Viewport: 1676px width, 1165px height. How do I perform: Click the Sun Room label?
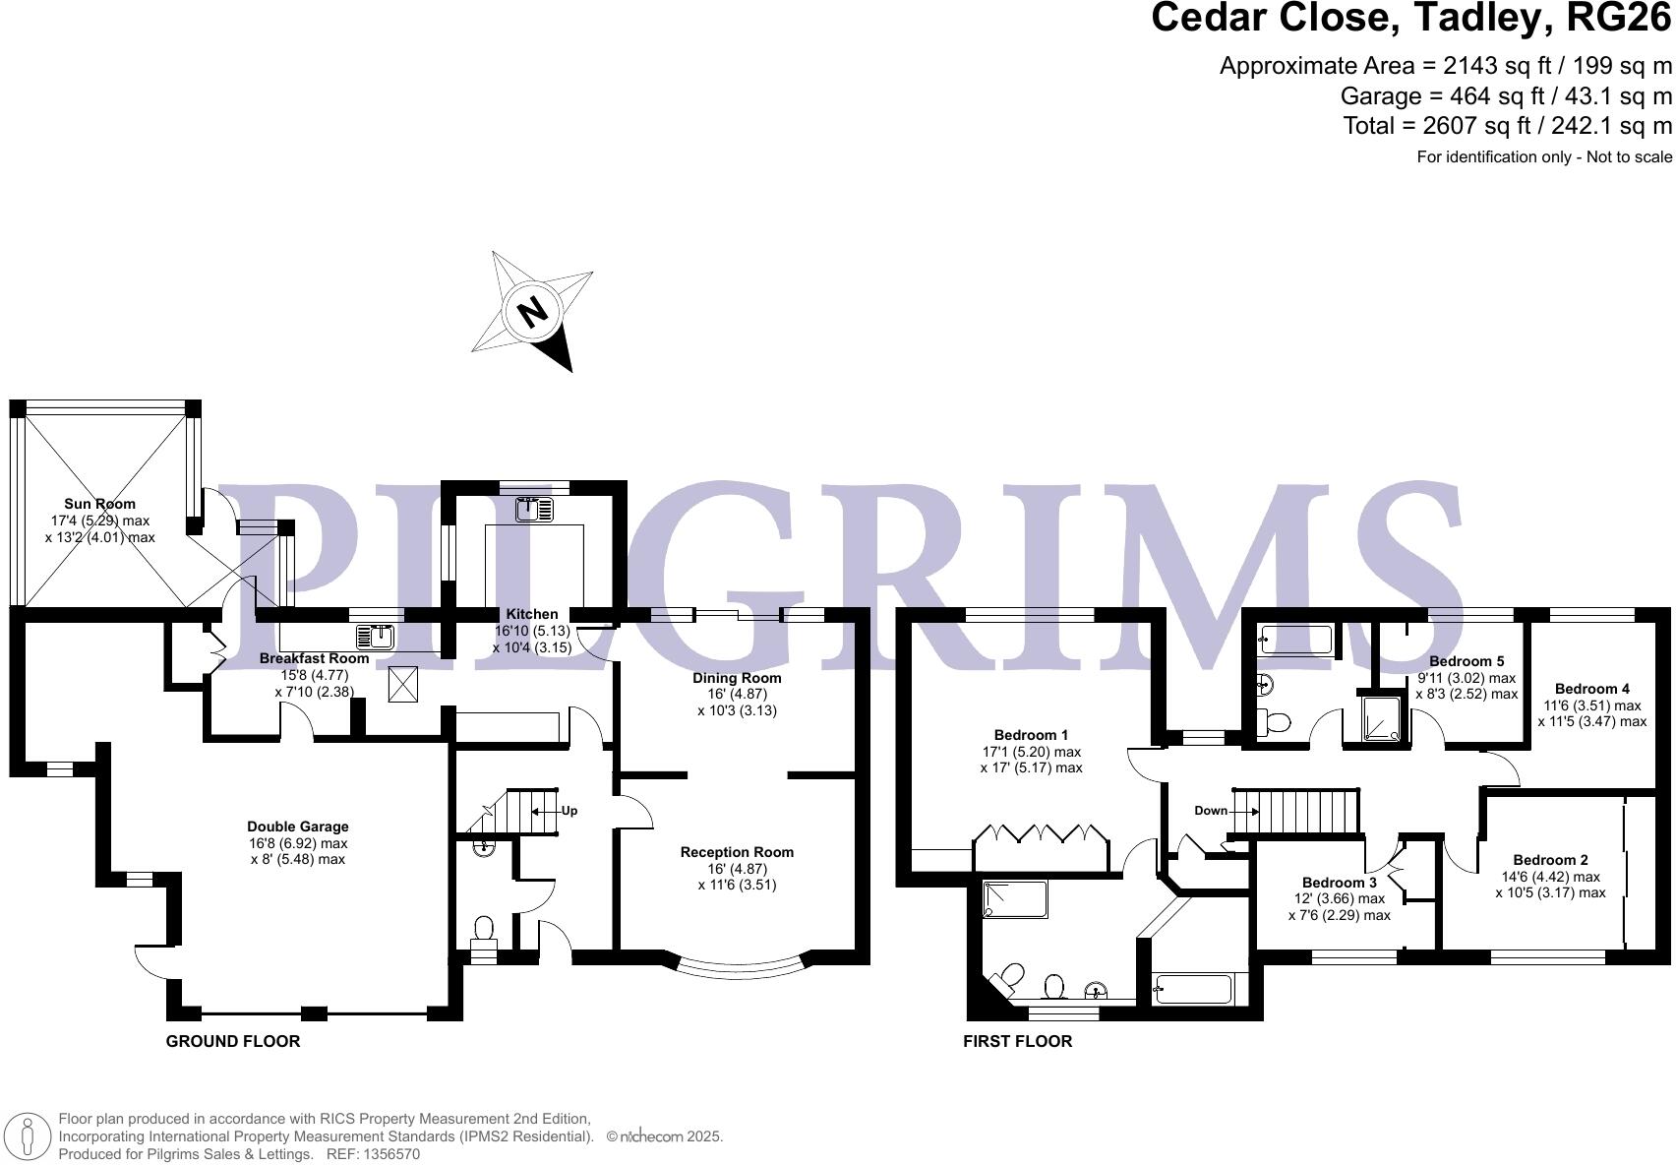click(99, 504)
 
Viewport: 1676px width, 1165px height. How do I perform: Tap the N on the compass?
click(534, 312)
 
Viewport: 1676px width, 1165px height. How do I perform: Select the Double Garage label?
click(297, 827)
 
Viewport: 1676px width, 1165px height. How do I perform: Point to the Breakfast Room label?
click(314, 658)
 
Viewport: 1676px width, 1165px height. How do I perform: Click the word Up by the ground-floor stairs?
click(569, 811)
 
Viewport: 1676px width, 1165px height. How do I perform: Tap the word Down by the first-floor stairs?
click(1211, 811)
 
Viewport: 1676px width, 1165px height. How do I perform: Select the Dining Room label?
click(737, 678)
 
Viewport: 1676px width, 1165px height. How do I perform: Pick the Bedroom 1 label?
click(1031, 735)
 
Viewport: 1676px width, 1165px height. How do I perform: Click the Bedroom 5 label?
click(1466, 661)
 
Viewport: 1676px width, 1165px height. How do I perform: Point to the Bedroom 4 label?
click(1591, 689)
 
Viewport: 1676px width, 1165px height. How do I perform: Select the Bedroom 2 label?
click(1550, 860)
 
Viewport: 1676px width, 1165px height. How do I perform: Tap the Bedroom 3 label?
click(1339, 883)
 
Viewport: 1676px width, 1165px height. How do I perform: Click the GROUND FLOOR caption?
click(233, 1041)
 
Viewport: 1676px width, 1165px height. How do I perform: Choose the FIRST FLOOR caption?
click(1017, 1041)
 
